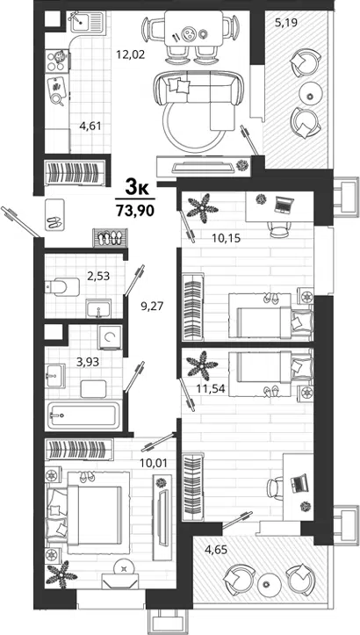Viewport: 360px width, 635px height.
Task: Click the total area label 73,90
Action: point(135,211)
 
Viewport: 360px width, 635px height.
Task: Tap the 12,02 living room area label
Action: point(131,54)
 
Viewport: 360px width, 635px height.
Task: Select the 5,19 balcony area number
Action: point(286,22)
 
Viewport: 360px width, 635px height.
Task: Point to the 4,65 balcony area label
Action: point(215,550)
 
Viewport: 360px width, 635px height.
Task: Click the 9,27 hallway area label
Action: point(151,306)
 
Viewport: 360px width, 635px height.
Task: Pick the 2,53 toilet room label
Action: point(98,276)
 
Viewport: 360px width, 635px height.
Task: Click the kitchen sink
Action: point(88,22)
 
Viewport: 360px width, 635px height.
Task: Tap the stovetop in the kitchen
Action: point(57,61)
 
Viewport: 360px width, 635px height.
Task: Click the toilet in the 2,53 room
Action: point(62,286)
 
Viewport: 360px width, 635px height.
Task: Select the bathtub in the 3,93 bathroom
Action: point(84,415)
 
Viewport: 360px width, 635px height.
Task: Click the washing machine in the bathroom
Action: point(110,337)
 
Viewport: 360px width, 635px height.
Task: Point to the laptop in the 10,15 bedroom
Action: point(283,204)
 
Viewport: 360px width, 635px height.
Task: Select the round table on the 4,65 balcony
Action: point(266,584)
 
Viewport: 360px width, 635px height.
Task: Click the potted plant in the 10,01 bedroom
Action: point(61,574)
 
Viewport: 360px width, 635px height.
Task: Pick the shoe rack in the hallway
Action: point(111,238)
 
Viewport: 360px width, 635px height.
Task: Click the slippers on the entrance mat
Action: point(55,221)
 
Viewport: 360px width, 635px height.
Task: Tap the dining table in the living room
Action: point(193,29)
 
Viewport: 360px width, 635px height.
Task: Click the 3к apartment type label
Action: point(135,187)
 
